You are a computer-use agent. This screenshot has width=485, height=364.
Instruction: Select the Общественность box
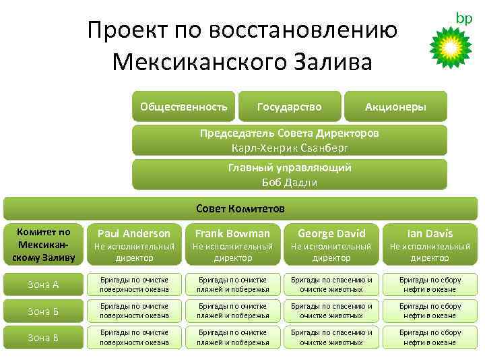[x=183, y=107]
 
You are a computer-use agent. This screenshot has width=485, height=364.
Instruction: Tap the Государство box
[x=289, y=107]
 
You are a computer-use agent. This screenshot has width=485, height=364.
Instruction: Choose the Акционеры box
[x=395, y=107]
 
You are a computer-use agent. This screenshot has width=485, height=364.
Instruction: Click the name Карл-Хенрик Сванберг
[x=289, y=146]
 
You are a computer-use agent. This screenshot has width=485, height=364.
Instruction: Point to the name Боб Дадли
[x=289, y=182]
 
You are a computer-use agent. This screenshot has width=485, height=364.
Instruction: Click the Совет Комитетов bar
[x=240, y=208]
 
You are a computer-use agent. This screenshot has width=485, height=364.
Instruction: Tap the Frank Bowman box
[x=232, y=243]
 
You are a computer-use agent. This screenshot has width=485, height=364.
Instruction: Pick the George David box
[x=331, y=243]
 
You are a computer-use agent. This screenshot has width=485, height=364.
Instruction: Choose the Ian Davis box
[x=430, y=243]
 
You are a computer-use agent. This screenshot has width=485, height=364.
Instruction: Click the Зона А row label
[x=43, y=284]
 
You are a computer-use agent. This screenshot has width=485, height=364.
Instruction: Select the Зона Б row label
[x=43, y=311]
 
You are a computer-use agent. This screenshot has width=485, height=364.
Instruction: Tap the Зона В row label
[x=43, y=337]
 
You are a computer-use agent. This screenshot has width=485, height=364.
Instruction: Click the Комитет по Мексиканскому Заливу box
[x=43, y=243]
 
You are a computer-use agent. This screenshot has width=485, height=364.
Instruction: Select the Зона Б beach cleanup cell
[x=232, y=311]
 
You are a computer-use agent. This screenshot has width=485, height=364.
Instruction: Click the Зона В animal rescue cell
[x=331, y=337]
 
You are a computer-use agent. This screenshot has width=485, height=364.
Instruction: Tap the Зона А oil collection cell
[x=430, y=284]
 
